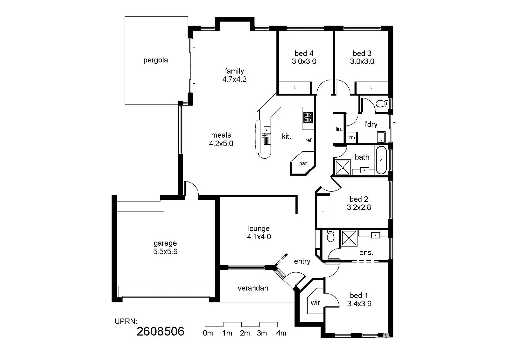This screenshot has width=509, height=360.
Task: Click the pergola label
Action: (155, 60)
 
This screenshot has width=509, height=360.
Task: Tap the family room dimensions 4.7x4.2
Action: (234, 79)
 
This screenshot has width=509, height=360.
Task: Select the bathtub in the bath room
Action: (381, 161)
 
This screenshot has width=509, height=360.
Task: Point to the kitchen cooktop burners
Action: (308, 117)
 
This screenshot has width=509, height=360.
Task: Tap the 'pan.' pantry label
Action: (304, 164)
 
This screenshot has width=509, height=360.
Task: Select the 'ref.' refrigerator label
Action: (309, 140)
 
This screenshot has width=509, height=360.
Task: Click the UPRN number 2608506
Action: (160, 331)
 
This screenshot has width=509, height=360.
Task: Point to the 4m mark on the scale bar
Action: (281, 333)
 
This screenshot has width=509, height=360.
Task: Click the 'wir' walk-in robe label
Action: (315, 303)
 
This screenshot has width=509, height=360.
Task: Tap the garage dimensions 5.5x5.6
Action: (165, 252)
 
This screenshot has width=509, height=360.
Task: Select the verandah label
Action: (253, 288)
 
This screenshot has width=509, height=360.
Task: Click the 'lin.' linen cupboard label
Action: (339, 129)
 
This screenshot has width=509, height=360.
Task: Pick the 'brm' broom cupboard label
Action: (351, 138)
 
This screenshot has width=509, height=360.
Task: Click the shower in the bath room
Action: (343, 168)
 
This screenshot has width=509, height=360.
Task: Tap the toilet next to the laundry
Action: (381, 104)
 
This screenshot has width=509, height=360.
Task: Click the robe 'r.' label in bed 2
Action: (323, 213)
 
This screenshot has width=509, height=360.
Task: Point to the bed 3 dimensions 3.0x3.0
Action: (362, 62)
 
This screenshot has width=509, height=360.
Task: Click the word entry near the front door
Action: (302, 262)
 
